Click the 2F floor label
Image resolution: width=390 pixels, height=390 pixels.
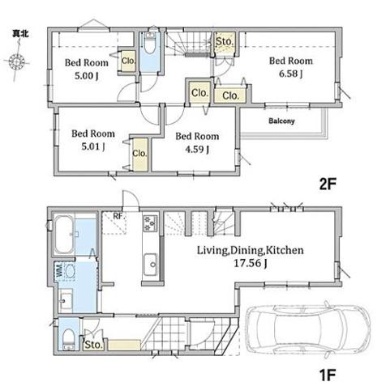click(x=328, y=184)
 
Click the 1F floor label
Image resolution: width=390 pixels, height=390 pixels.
click(x=328, y=375)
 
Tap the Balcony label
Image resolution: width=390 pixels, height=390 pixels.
click(x=281, y=121)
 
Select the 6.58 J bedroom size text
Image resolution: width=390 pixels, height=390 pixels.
click(x=291, y=74)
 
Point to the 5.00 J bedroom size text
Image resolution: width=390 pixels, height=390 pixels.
click(x=87, y=76)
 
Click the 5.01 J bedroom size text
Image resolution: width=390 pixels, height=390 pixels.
click(x=93, y=146)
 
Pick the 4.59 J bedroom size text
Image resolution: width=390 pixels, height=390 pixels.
click(x=197, y=149)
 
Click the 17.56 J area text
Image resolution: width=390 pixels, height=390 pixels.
click(x=251, y=263)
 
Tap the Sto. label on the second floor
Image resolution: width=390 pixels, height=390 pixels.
click(x=225, y=41)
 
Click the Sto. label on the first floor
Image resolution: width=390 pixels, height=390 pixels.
click(x=93, y=345)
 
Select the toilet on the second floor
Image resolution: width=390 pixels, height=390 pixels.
click(x=149, y=43)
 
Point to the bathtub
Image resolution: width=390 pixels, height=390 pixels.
click(x=64, y=234)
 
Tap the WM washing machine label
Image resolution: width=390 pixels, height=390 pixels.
click(x=60, y=270)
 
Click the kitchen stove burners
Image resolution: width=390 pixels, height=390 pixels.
click(x=150, y=223)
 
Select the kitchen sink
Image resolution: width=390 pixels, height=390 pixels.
click(x=150, y=265)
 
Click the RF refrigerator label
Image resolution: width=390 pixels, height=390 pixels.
click(x=118, y=216)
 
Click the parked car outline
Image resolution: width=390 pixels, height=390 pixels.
click(x=308, y=329)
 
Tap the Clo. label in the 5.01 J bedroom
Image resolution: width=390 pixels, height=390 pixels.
click(x=139, y=154)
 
